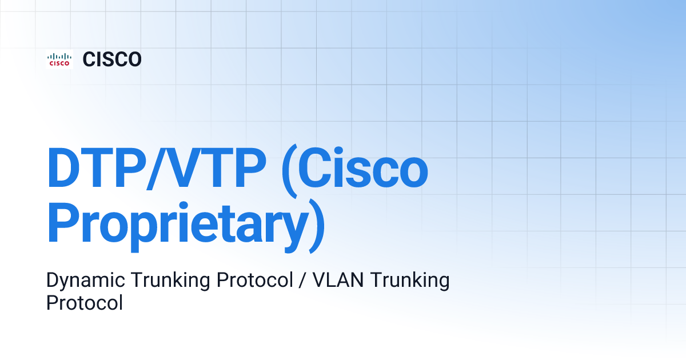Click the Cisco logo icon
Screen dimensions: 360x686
pyautogui.click(x=59, y=59)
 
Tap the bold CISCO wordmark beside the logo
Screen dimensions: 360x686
pyautogui.click(x=112, y=59)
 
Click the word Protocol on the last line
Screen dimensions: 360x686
pyautogui.click(x=85, y=302)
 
